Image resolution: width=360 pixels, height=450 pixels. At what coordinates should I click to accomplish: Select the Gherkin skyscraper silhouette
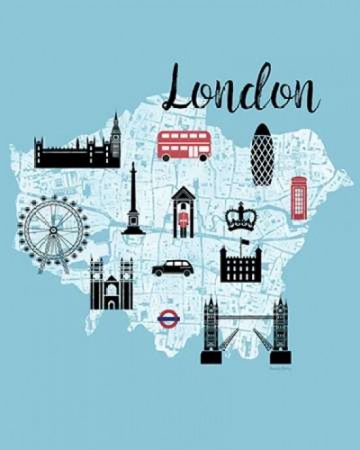(264, 154)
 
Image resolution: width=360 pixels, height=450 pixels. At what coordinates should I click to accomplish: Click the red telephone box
(299, 197)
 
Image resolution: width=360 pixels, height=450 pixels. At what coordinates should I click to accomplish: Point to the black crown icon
(240, 217)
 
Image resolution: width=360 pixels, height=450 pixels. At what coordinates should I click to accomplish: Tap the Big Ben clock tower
(116, 138)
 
